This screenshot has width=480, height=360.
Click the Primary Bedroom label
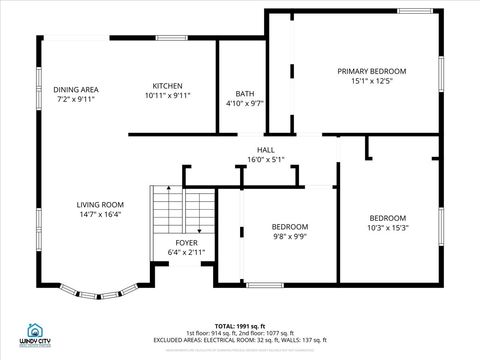point(371,71)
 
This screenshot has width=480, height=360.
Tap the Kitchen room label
point(167,85)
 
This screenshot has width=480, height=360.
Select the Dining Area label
point(76,89)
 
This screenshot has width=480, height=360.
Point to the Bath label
point(245,93)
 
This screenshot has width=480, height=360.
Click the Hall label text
point(266,149)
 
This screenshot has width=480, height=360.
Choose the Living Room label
point(99,205)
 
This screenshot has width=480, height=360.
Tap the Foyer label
point(186,243)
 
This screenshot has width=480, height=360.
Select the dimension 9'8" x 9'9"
point(290,237)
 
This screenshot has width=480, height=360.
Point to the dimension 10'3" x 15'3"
point(387,229)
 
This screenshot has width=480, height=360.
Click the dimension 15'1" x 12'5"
point(371,82)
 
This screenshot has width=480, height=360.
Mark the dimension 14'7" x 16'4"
point(99,215)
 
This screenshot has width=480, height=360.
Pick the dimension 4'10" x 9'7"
point(245,103)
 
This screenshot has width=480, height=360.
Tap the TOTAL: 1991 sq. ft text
point(241,325)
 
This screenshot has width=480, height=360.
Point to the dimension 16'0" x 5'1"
point(266,159)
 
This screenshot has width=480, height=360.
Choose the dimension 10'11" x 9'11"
point(167,96)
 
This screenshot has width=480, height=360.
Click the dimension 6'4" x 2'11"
point(186,254)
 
